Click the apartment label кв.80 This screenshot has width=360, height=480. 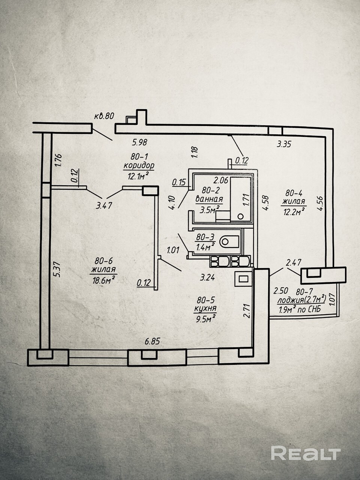click(x=104, y=116)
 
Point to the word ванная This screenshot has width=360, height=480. click(x=209, y=199)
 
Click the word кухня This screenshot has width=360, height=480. click(x=205, y=309)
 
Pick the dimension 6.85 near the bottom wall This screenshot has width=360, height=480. click(x=152, y=341)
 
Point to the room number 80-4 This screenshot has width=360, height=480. click(x=294, y=193)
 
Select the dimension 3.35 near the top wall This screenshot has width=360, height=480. click(x=284, y=143)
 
